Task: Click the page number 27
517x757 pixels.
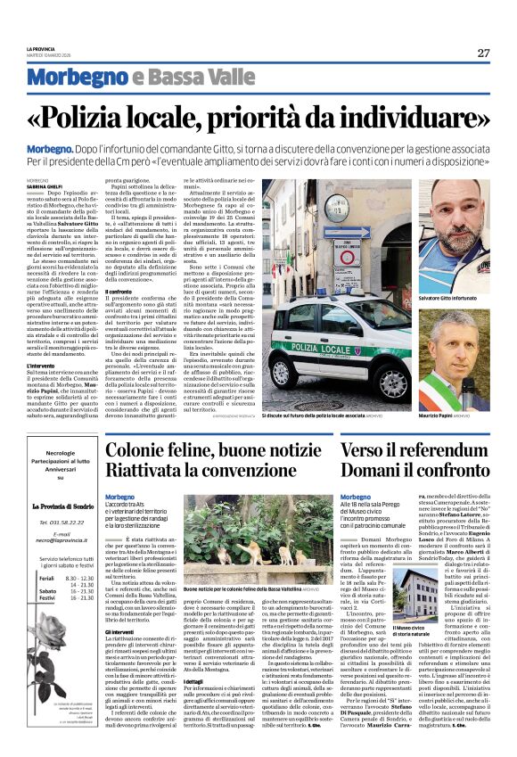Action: [483, 53]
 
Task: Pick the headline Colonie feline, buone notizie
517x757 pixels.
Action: [209, 452]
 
